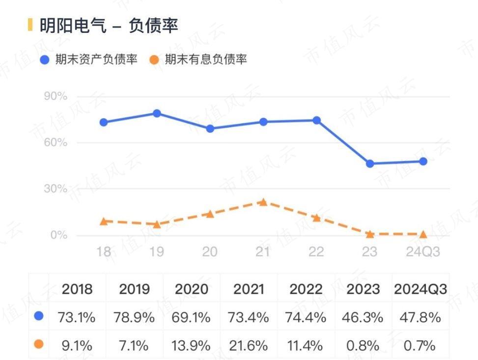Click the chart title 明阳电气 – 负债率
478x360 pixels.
(x=109, y=25)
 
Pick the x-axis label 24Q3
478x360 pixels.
(x=423, y=252)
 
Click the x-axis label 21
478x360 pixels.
(x=263, y=252)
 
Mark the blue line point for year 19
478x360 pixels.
(x=157, y=113)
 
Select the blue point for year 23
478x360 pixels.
(x=370, y=164)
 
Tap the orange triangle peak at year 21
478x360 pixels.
(x=263, y=202)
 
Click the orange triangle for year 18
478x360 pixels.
(x=104, y=221)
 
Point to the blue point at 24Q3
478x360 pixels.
(x=423, y=161)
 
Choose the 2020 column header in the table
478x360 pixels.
(x=192, y=289)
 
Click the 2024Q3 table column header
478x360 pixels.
(x=421, y=289)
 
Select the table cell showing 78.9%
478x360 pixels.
(x=134, y=317)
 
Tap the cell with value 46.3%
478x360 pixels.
(x=363, y=317)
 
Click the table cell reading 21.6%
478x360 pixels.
(x=249, y=345)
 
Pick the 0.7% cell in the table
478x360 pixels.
(x=421, y=345)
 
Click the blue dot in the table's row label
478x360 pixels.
(x=39, y=317)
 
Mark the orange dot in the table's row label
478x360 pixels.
(x=39, y=345)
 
